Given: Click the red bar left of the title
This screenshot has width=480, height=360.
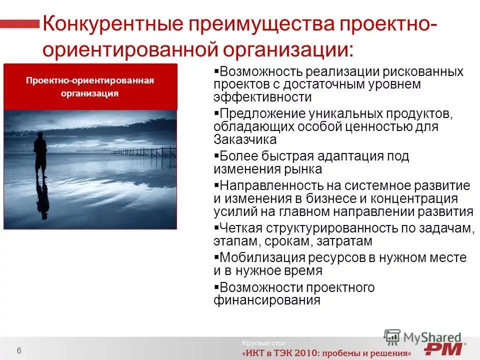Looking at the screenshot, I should coord(20,24).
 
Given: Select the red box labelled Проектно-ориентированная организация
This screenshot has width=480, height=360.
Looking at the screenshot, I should coord(90,86).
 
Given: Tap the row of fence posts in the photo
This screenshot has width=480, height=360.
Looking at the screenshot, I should coord(145,151).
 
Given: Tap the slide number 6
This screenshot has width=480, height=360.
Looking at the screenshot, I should coord(19,349).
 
